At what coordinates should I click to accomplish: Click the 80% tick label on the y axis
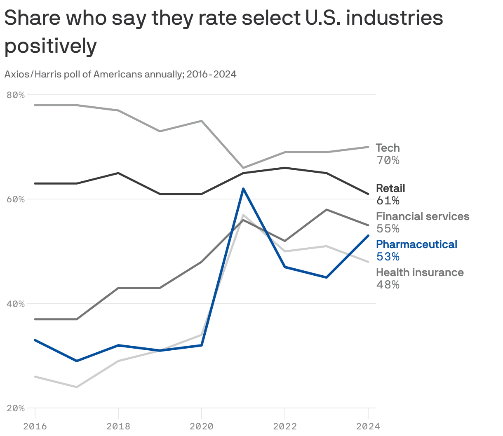click(16, 95)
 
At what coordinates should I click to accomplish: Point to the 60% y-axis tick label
click(16, 199)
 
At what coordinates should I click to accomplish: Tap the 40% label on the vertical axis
click(16, 304)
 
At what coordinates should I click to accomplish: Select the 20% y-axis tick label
click(16, 408)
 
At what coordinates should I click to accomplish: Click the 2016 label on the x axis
click(35, 426)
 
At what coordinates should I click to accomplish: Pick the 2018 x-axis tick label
click(118, 426)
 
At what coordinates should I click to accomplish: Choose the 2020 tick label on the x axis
click(202, 426)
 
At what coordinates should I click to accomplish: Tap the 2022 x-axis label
click(285, 426)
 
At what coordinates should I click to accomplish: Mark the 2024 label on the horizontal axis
click(368, 426)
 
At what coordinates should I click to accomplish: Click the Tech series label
click(388, 148)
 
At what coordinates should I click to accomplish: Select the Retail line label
click(390, 188)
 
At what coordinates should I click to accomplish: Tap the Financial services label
click(423, 216)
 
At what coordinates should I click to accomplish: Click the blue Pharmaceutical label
click(416, 244)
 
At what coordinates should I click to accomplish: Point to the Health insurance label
click(420, 272)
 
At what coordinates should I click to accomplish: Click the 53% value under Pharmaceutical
click(388, 257)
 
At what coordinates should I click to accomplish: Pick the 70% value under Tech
click(388, 160)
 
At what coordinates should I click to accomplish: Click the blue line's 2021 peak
click(243, 189)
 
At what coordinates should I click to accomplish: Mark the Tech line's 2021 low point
click(243, 168)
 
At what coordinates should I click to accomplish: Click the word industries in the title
click(395, 18)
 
